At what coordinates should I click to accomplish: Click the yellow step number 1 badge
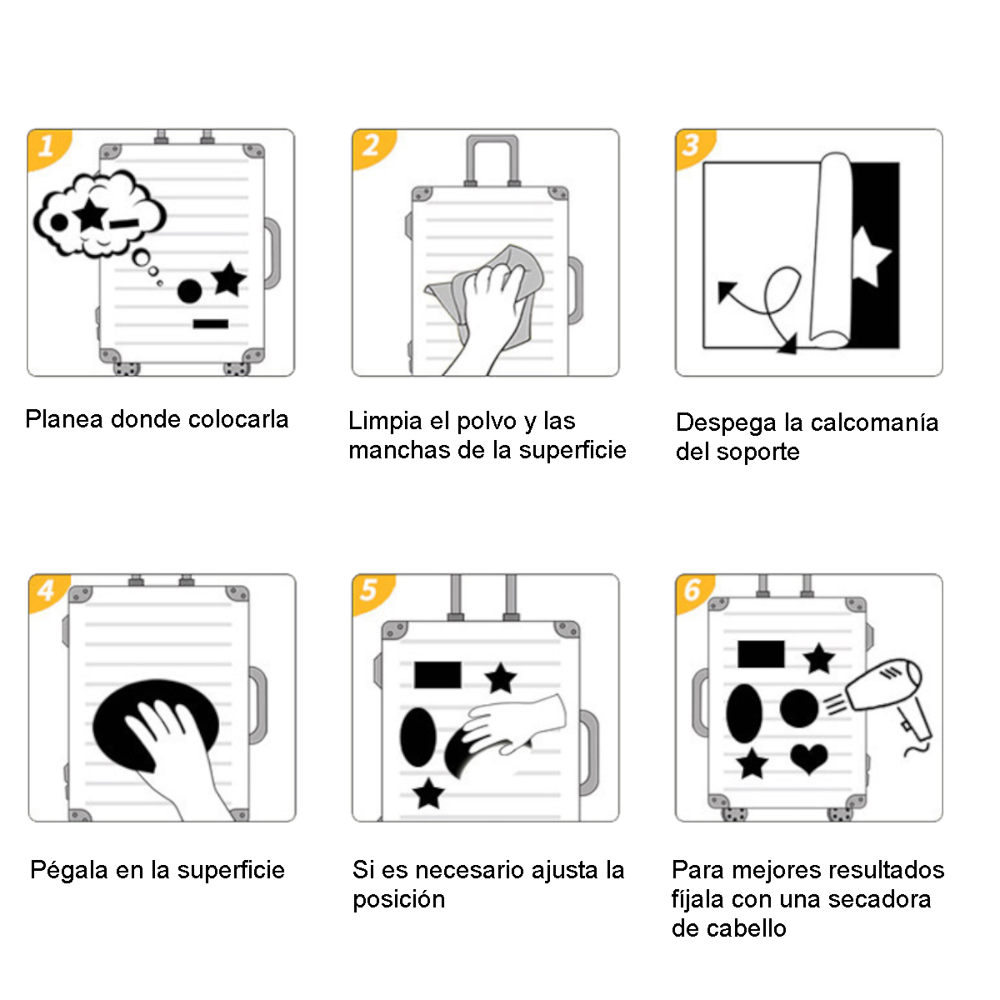click(x=46, y=147)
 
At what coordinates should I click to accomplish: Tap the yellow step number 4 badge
click(x=46, y=592)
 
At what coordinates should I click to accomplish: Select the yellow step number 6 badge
click(x=692, y=591)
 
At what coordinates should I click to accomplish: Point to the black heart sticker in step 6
click(x=808, y=758)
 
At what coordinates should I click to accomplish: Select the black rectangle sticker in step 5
click(x=437, y=675)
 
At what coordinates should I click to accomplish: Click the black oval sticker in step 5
click(x=418, y=737)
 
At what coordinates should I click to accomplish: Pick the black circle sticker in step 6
click(x=799, y=708)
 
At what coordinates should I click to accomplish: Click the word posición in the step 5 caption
click(x=398, y=900)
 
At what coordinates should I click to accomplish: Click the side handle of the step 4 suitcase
click(x=259, y=704)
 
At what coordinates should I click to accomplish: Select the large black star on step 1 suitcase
click(x=228, y=280)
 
